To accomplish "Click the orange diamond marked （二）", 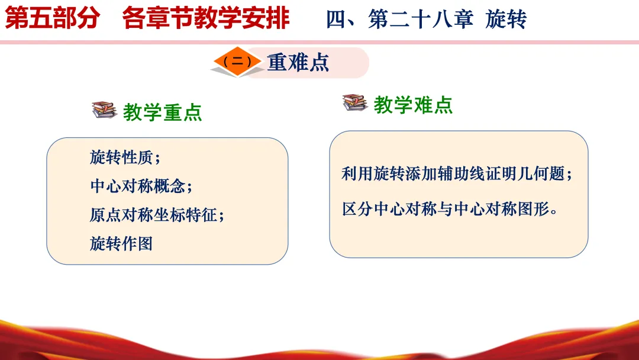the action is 237,62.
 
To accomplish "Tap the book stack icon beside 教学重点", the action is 104,110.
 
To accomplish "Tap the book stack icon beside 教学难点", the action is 355,102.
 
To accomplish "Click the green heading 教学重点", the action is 162,112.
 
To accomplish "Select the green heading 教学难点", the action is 413,105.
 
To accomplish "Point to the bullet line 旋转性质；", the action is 125,157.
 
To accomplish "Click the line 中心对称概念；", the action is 141,187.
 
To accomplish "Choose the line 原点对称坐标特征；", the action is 157,215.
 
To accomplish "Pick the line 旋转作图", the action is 121,244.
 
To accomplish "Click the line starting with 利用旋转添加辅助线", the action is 457,173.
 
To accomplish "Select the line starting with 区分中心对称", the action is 450,209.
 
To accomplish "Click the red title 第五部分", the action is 52,18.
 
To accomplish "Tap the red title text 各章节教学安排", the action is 206,18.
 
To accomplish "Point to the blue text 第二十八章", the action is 421,19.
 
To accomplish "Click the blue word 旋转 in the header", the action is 506,19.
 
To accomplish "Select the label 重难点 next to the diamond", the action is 298,63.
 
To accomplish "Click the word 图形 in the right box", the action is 534,209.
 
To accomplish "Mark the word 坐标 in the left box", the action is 169,215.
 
